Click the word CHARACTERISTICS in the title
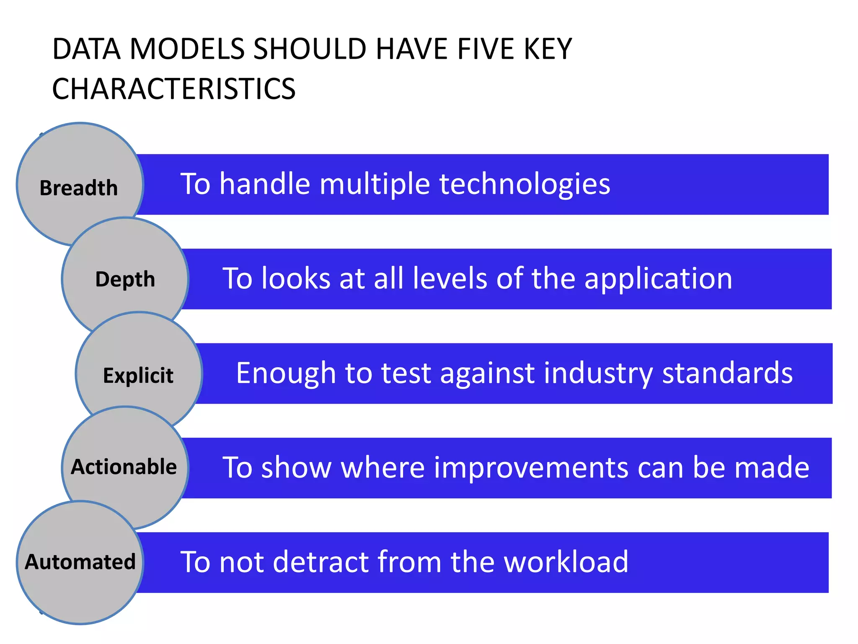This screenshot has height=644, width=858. pyautogui.click(x=174, y=89)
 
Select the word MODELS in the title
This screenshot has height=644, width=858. pyautogui.click(x=187, y=49)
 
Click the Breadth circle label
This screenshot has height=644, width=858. pyautogui.click(x=79, y=188)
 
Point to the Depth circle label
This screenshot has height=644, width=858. pyautogui.click(x=125, y=279)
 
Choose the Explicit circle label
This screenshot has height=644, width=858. pyautogui.click(x=138, y=375)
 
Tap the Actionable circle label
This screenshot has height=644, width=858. pyautogui.click(x=124, y=467)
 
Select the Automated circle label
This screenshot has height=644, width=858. pyautogui.click(x=80, y=562)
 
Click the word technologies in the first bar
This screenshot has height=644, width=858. pyautogui.click(x=525, y=184)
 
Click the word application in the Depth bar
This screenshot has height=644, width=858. pyautogui.click(x=658, y=279)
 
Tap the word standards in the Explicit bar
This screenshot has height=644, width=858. pyautogui.click(x=727, y=373)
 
